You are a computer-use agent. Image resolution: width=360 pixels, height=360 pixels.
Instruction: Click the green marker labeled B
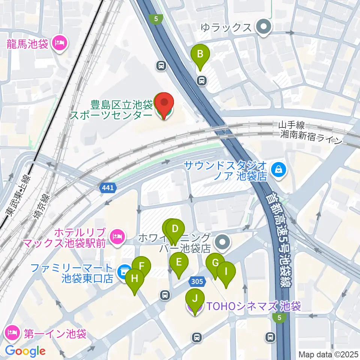[x=200, y=54]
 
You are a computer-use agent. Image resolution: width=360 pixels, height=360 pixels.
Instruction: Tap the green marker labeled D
[x=174, y=228]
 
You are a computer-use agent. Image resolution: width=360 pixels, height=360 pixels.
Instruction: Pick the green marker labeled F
[x=142, y=267]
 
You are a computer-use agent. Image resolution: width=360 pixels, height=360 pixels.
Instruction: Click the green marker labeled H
[x=135, y=279]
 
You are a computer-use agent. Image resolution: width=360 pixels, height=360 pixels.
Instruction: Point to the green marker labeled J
[x=195, y=299]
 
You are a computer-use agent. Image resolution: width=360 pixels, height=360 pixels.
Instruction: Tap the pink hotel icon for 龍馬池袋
[x=59, y=43]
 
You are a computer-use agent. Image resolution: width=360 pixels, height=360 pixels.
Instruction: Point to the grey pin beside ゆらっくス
[x=264, y=27]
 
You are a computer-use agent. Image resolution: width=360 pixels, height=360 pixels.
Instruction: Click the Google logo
[x=25, y=351]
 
